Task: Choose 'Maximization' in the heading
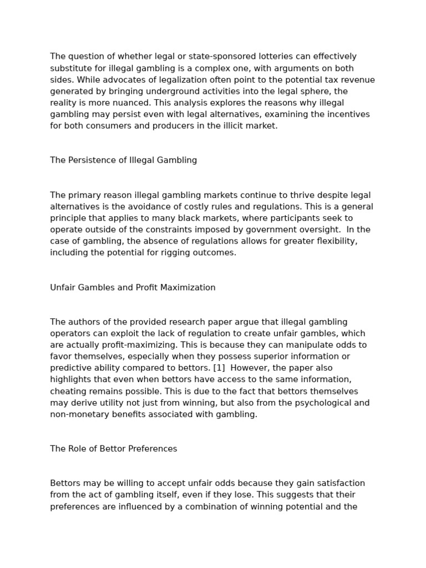click(189, 287)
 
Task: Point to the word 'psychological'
click(303, 403)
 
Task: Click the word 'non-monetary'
click(77, 414)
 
